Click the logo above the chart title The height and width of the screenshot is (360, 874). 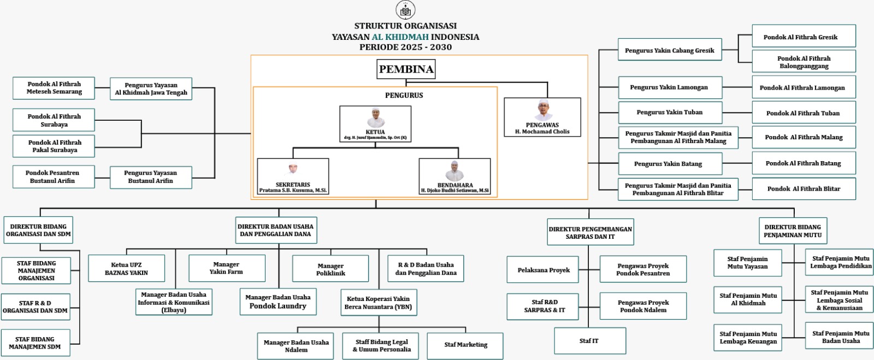tap(405, 10)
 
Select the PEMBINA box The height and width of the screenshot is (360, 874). tap(406, 69)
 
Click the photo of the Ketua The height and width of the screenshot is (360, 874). tap(375, 117)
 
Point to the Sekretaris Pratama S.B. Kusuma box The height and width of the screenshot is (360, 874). tap(293, 176)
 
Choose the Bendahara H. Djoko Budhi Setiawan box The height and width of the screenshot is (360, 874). tap(454, 176)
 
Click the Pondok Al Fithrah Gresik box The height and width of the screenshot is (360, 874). tap(804, 37)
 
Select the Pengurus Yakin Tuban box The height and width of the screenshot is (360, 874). tap(670, 113)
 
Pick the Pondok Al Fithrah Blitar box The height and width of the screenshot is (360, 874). tap(804, 189)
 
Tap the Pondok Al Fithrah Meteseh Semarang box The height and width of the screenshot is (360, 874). tap(54, 88)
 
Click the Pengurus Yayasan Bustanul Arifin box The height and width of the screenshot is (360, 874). tap(151, 177)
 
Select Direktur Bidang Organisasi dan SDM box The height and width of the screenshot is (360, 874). tap(38, 230)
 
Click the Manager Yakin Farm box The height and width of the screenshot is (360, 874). tap(227, 268)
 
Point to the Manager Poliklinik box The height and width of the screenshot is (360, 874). tap(330, 269)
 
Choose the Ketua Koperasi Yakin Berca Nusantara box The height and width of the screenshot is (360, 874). tap(378, 303)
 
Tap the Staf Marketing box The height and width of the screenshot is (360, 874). tap(465, 345)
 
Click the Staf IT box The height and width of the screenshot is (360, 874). tap(589, 341)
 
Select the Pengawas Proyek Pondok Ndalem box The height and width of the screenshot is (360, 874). tap(643, 306)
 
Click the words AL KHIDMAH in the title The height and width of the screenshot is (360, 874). tap(400, 37)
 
